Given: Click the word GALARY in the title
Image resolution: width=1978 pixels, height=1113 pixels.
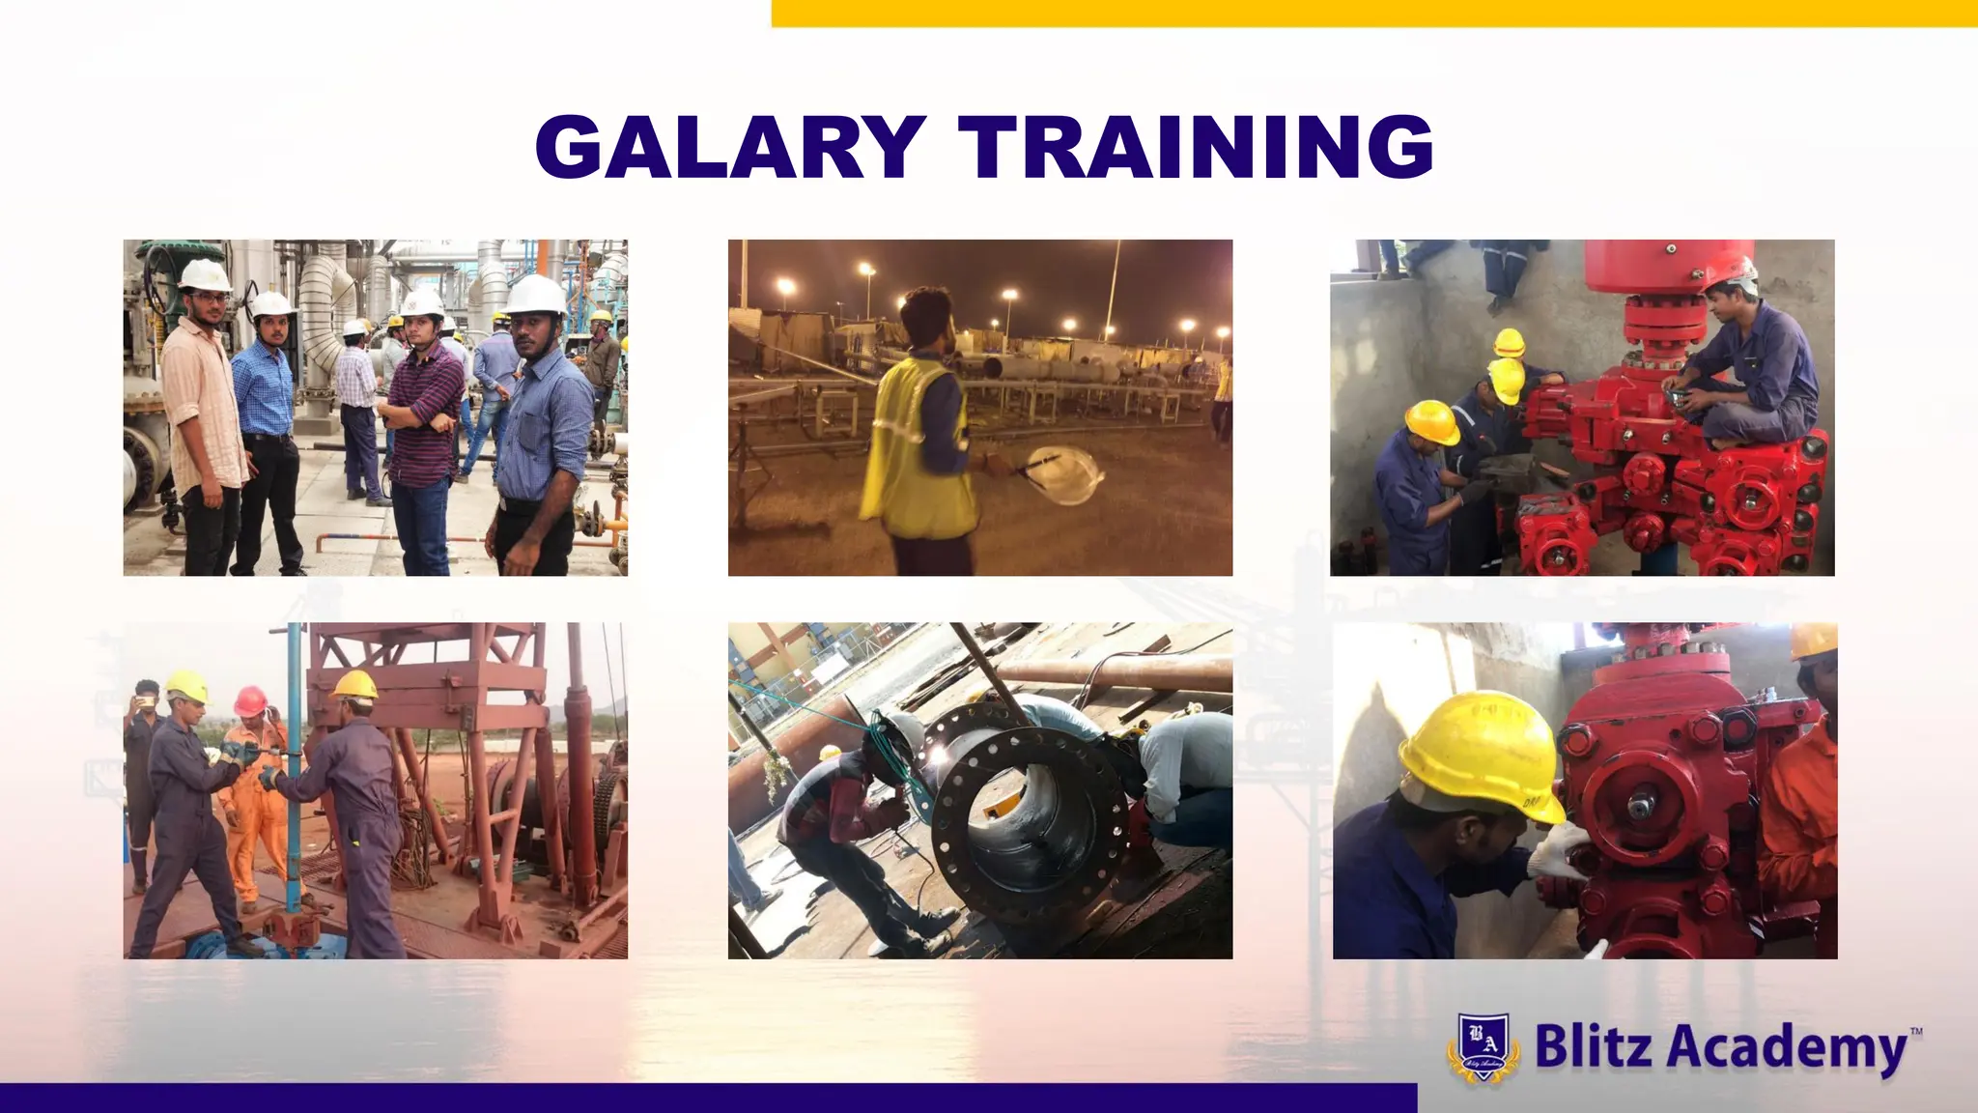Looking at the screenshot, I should pos(731,147).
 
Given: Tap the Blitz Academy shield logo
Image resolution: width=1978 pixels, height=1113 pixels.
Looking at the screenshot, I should pos(1483,1046).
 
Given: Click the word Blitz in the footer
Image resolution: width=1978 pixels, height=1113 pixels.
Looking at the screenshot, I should pos(1593,1045).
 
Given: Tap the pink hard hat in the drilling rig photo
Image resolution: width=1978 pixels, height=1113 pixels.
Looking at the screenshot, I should pos(250,699).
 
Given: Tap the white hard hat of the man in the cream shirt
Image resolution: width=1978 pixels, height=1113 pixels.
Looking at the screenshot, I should pos(205,275).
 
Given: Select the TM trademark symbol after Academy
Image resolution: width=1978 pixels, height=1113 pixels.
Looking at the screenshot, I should pos(1916,1032).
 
